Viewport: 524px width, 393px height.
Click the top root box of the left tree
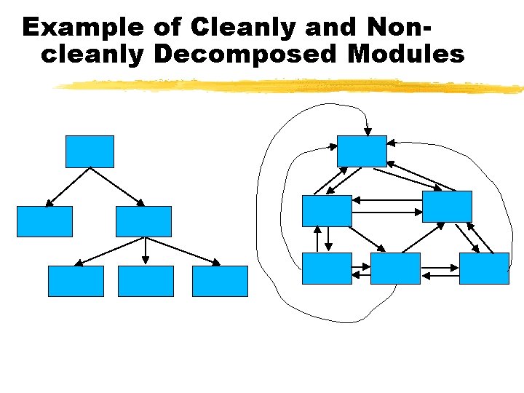pyautogui.click(x=90, y=151)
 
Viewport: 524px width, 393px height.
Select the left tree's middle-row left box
pyautogui.click(x=45, y=221)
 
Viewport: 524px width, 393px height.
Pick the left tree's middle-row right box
pyautogui.click(x=144, y=221)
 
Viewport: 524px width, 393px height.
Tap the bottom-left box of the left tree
pyautogui.click(x=76, y=281)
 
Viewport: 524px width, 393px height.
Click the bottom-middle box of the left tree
pyautogui.click(x=146, y=281)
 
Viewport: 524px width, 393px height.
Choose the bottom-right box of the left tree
pyautogui.click(x=220, y=281)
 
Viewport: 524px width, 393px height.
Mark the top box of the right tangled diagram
pyautogui.click(x=362, y=151)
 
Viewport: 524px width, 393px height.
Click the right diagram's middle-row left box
pyautogui.click(x=327, y=211)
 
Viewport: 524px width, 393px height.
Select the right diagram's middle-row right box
pyautogui.click(x=447, y=206)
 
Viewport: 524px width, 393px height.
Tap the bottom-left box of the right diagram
pyautogui.click(x=327, y=268)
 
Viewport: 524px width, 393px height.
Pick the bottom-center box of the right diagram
pyautogui.click(x=395, y=268)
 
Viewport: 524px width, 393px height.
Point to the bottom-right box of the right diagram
pyautogui.click(x=484, y=268)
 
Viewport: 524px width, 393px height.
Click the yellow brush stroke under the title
pyautogui.click(x=291, y=87)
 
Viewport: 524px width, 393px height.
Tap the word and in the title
pyautogui.click(x=330, y=28)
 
